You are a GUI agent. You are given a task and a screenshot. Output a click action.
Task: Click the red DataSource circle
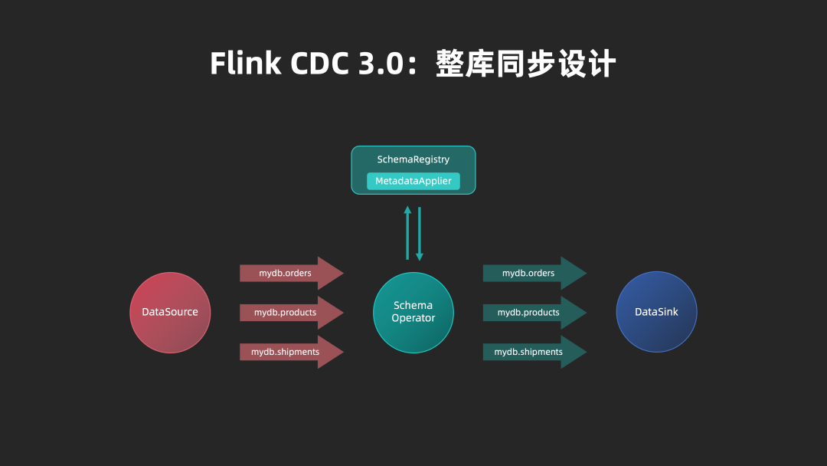tap(170, 313)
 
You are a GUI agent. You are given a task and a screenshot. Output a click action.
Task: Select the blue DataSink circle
tap(656, 312)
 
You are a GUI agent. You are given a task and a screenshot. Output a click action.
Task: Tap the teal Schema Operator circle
tap(413, 312)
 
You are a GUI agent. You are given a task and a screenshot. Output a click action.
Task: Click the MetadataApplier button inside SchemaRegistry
tap(413, 181)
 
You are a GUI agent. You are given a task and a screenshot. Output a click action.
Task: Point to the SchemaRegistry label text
tap(413, 159)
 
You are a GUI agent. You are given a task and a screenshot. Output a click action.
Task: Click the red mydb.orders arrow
tap(287, 273)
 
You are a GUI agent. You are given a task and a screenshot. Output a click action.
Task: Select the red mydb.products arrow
tap(287, 313)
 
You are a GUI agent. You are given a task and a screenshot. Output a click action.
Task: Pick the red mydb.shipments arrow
tap(287, 352)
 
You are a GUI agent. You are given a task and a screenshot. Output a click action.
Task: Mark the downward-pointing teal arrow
tap(420, 234)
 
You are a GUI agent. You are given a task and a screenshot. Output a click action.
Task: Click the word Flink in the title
tap(245, 64)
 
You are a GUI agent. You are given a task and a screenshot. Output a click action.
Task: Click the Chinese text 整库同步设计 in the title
tap(525, 64)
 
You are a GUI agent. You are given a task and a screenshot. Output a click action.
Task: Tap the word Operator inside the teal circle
tap(413, 318)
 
